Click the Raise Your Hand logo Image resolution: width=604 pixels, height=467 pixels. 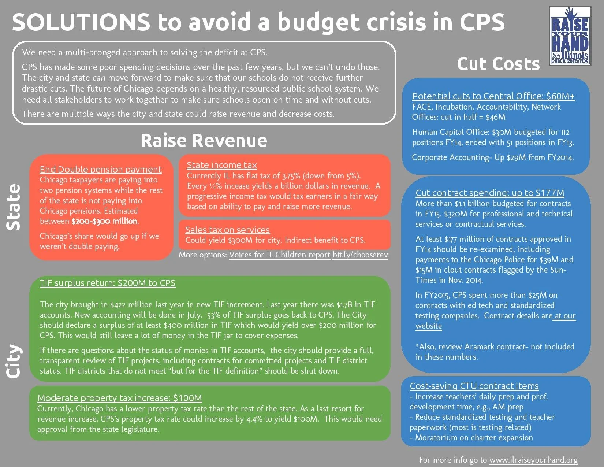(570, 36)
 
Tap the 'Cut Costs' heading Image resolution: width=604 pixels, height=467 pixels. (498, 64)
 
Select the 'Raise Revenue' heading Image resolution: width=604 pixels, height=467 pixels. (204, 141)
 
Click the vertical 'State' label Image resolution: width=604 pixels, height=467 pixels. (14, 207)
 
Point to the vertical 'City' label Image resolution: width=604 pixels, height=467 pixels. (14, 361)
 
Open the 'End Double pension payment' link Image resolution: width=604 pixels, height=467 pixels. (101, 169)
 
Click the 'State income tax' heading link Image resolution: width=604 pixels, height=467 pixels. (222, 165)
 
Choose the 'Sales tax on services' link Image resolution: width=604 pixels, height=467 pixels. (227, 230)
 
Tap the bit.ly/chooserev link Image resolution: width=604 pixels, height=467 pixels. (360, 255)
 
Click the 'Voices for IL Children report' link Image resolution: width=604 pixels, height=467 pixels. (280, 255)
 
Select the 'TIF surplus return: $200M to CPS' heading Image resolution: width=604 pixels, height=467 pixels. (108, 283)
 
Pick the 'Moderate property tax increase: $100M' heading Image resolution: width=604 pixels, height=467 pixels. (120, 398)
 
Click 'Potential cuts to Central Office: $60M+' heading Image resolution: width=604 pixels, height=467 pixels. (493, 96)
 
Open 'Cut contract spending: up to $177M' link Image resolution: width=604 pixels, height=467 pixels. (490, 193)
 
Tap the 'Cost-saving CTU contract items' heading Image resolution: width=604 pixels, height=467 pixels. (474, 386)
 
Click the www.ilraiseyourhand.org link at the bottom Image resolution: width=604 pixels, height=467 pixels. (533, 460)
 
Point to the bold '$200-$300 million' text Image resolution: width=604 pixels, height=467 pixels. (105, 221)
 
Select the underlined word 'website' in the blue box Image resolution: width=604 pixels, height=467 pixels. (429, 326)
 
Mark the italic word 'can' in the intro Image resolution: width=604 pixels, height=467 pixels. (99, 78)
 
